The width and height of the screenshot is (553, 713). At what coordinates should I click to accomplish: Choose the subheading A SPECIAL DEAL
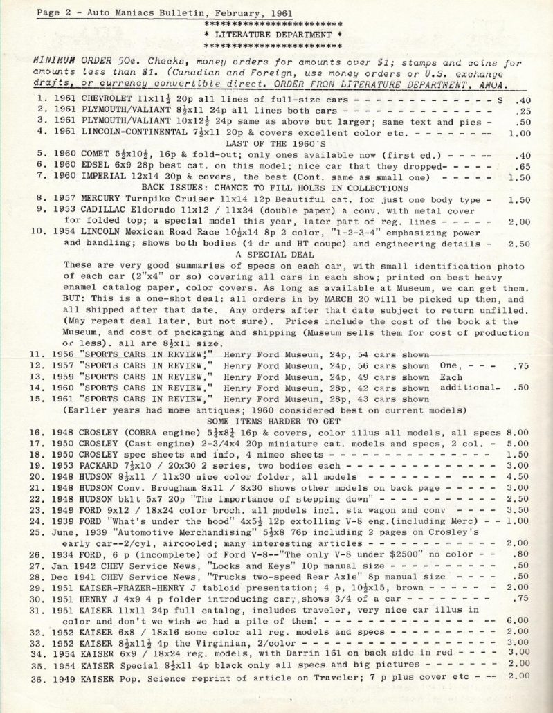click(x=275, y=255)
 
